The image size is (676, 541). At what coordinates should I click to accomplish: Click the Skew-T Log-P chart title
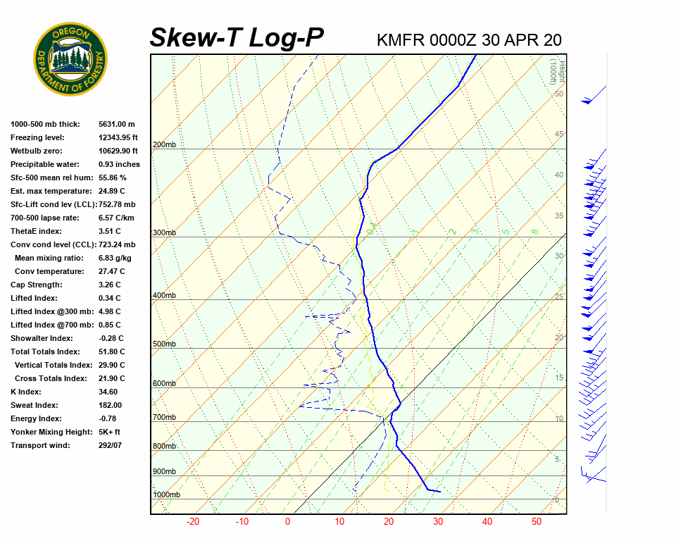click(x=237, y=38)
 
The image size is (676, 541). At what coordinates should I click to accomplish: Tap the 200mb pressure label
click(x=164, y=145)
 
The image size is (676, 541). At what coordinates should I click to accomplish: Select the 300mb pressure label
click(x=164, y=233)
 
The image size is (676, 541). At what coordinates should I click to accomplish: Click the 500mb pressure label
click(x=164, y=344)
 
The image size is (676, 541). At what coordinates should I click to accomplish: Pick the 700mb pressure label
click(x=164, y=418)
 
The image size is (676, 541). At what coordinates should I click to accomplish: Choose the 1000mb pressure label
click(x=166, y=495)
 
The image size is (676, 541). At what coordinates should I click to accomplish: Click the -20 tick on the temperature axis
click(x=193, y=522)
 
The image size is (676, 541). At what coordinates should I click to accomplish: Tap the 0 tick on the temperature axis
click(x=287, y=522)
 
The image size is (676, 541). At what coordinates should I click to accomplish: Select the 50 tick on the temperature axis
click(x=537, y=522)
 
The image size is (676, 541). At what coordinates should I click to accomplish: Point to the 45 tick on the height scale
click(x=559, y=135)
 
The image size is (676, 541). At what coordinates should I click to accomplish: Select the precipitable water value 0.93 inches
click(x=119, y=165)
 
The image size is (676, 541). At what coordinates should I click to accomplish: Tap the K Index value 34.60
click(x=108, y=392)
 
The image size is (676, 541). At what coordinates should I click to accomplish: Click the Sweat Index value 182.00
click(x=111, y=406)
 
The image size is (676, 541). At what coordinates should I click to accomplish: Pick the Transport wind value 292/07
click(x=111, y=446)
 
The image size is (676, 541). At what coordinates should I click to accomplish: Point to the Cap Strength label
click(x=36, y=285)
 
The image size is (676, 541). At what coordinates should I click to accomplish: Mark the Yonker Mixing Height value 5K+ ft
click(x=109, y=433)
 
